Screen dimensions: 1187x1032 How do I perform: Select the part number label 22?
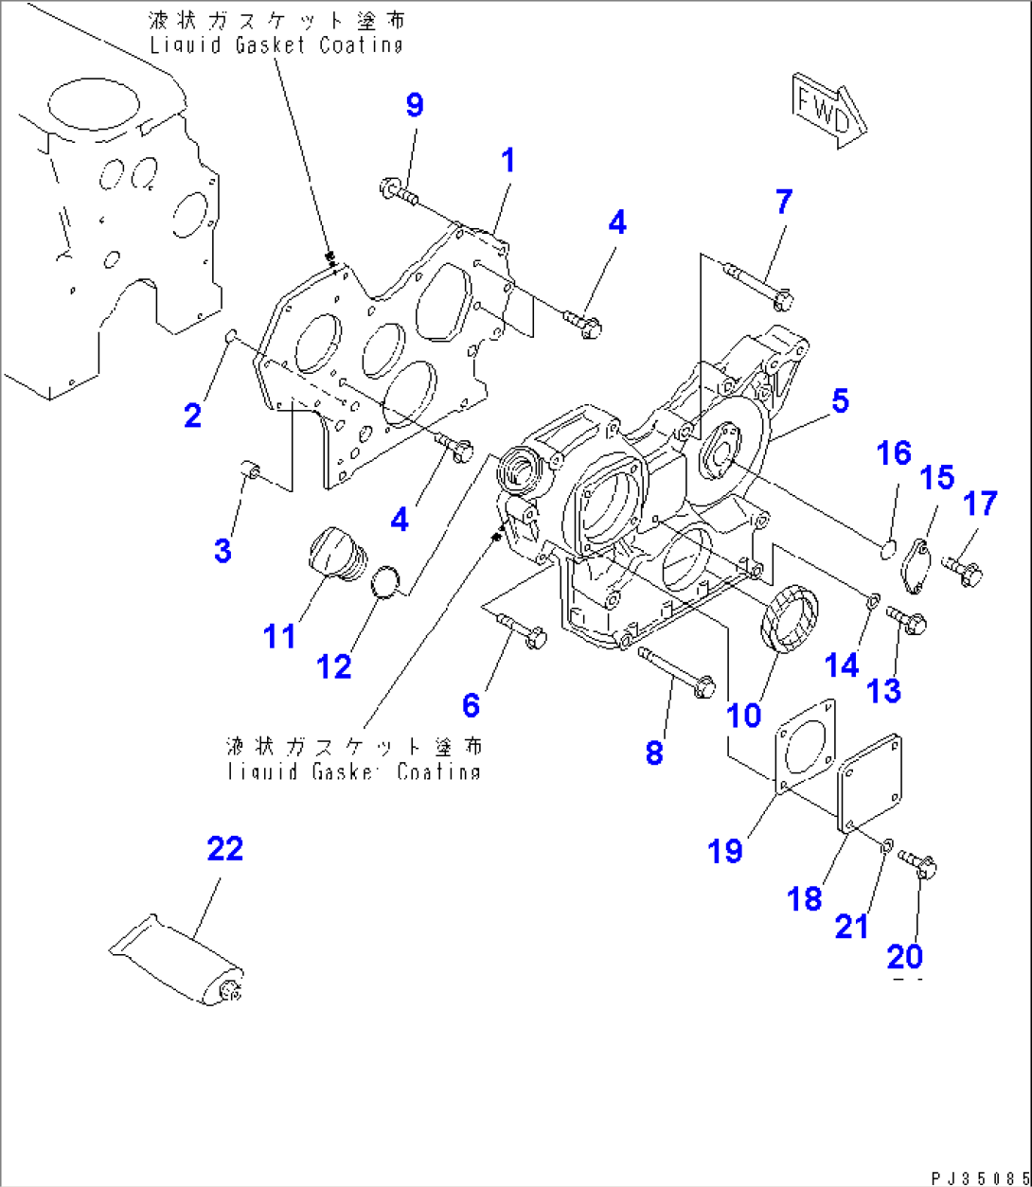225,849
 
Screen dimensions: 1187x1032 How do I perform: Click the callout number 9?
415,106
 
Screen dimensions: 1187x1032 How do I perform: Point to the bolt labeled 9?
400,192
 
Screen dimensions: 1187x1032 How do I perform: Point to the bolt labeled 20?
917,862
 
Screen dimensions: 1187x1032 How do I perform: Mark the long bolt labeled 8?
676,671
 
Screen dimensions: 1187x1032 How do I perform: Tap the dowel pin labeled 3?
251,468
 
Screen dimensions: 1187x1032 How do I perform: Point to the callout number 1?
508,161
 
